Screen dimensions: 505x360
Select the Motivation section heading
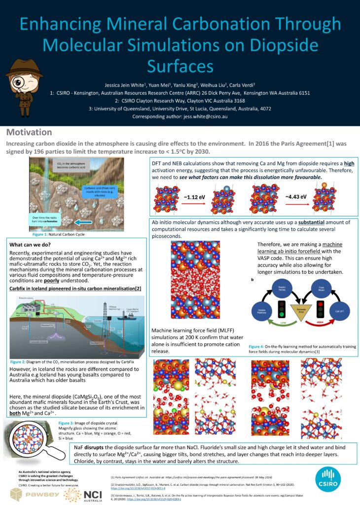[29, 132]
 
